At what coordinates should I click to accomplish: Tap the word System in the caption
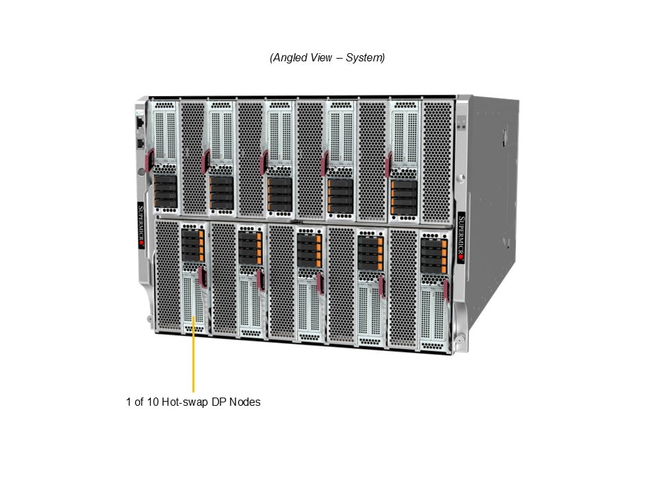click(x=363, y=57)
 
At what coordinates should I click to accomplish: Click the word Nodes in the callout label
click(x=245, y=402)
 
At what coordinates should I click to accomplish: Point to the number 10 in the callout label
click(x=153, y=402)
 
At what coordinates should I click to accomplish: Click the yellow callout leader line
click(x=193, y=355)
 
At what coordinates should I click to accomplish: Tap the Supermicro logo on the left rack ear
click(x=141, y=226)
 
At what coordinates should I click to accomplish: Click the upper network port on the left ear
click(x=140, y=122)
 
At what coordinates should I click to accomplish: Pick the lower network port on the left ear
click(x=141, y=144)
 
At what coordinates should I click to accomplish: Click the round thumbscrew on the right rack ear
click(x=461, y=178)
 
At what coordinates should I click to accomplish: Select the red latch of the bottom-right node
click(x=446, y=290)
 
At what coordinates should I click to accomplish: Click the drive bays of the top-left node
click(x=165, y=191)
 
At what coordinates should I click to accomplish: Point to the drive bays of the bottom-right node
click(x=434, y=256)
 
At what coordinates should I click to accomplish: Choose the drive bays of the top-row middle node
click(x=280, y=194)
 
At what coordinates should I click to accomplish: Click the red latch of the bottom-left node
click(x=203, y=278)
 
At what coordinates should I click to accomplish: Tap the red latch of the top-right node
click(x=389, y=164)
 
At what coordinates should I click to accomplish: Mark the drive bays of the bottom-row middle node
click(x=310, y=250)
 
